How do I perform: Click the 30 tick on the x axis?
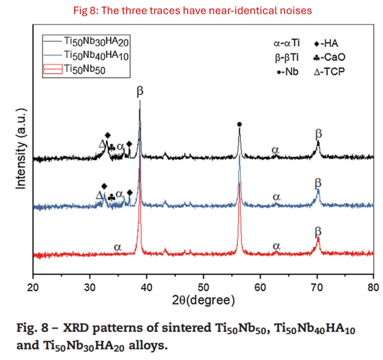(x=90, y=287)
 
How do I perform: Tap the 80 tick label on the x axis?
(x=373, y=287)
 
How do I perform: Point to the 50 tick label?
(x=203, y=287)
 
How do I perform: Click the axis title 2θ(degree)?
(x=203, y=300)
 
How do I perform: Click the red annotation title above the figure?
(x=192, y=10)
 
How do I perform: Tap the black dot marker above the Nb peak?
(x=239, y=124)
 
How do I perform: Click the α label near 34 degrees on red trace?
(x=118, y=247)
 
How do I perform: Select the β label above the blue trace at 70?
(x=318, y=183)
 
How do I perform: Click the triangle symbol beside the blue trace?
(x=99, y=196)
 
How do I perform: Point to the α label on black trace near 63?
(x=275, y=150)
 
